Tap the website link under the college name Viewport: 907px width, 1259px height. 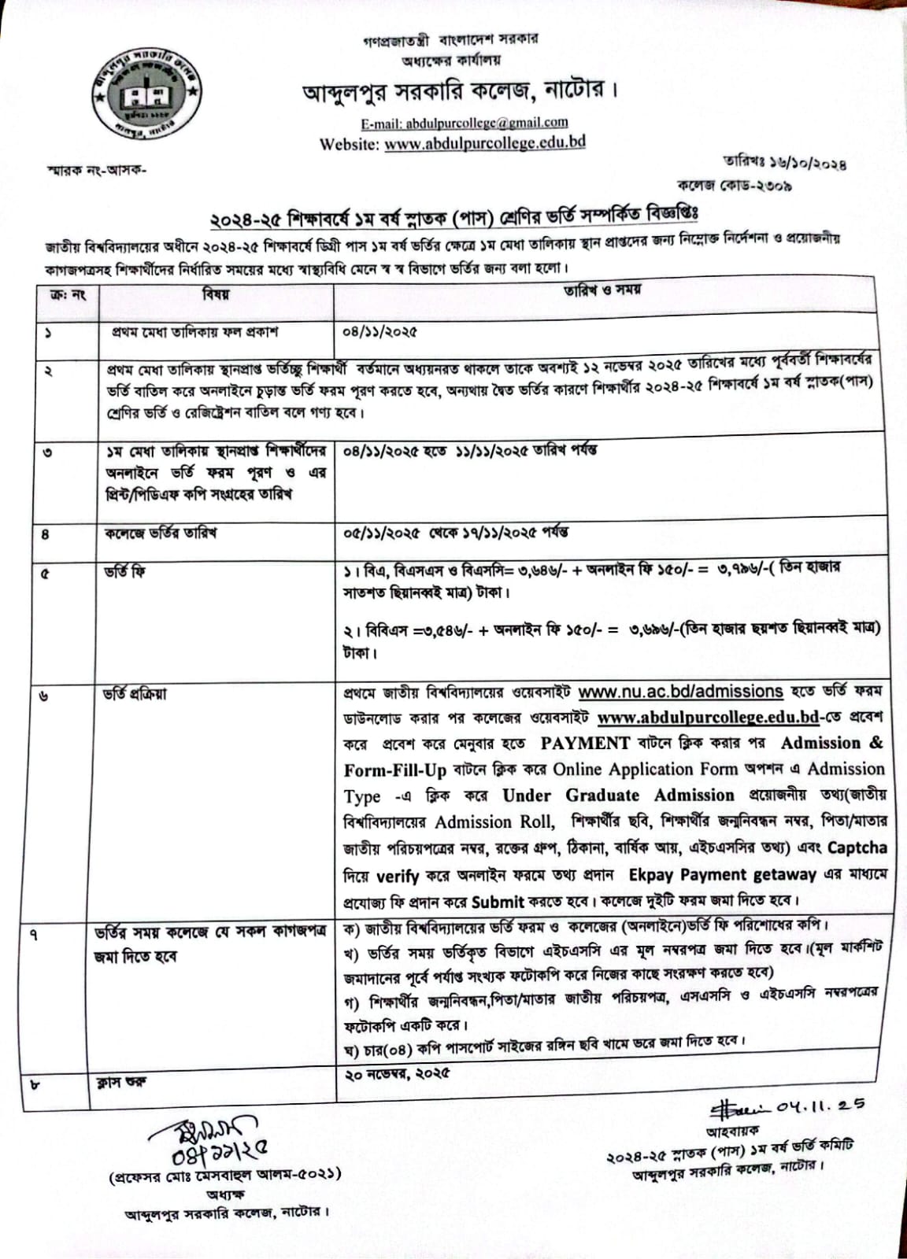tap(485, 143)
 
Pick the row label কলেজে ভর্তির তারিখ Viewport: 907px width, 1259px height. tap(161, 534)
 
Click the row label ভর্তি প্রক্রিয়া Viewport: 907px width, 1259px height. tap(135, 695)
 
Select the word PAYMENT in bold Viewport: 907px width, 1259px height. tap(585, 744)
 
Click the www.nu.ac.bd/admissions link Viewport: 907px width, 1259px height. tap(680, 692)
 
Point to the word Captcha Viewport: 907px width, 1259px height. tap(857, 848)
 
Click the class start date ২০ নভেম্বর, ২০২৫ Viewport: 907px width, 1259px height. tap(398, 1073)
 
